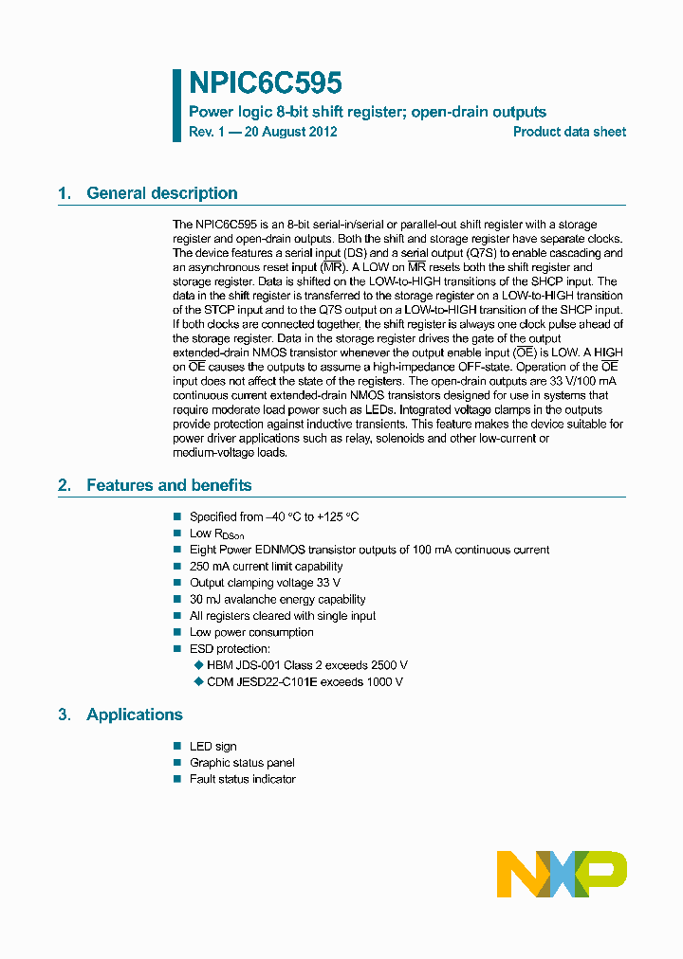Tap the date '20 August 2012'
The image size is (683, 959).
pos(290,132)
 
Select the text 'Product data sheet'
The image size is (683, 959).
pos(569,132)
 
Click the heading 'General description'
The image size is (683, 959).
pos(161,193)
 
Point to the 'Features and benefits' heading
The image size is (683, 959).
pos(169,485)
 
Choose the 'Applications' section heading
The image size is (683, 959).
pos(135,715)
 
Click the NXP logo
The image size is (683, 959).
pos(562,874)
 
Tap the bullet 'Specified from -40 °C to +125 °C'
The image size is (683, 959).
pos(274,516)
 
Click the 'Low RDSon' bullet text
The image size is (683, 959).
pos(217,534)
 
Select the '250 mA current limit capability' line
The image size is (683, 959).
pos(266,567)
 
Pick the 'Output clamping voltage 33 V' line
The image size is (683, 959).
pos(265,583)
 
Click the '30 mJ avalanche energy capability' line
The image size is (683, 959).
pos(277,599)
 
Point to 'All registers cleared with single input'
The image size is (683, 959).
pos(283,616)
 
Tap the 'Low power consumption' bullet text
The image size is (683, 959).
pos(251,632)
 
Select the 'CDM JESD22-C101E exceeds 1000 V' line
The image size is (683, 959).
pos(305,681)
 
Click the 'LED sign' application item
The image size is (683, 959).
pos(213,747)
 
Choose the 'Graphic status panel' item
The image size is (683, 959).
pos(242,763)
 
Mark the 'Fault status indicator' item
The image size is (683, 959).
pos(243,779)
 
